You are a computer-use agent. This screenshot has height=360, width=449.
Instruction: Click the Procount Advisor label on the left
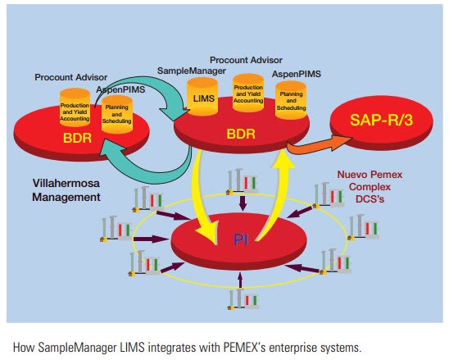click(x=72, y=76)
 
